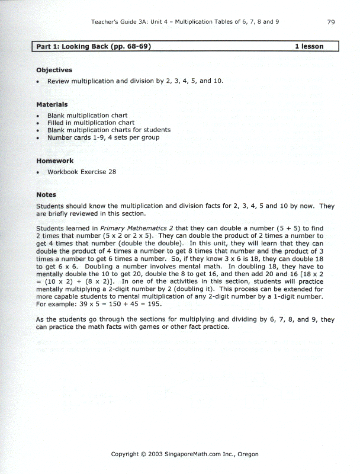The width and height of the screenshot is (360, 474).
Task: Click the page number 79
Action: (x=331, y=22)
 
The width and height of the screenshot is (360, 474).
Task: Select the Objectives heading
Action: (x=54, y=70)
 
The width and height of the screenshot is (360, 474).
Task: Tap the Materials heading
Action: (x=52, y=105)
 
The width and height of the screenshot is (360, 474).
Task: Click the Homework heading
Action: (x=55, y=161)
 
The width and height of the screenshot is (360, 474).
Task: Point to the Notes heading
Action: (x=46, y=194)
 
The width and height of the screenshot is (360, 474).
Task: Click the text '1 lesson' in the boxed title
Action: (x=309, y=46)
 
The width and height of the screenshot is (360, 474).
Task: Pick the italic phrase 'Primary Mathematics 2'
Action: (x=137, y=228)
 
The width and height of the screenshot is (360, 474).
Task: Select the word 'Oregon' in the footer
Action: (x=247, y=454)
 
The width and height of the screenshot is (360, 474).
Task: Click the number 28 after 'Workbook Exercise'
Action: (x=111, y=172)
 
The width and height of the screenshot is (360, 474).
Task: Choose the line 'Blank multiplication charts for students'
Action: (x=109, y=130)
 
